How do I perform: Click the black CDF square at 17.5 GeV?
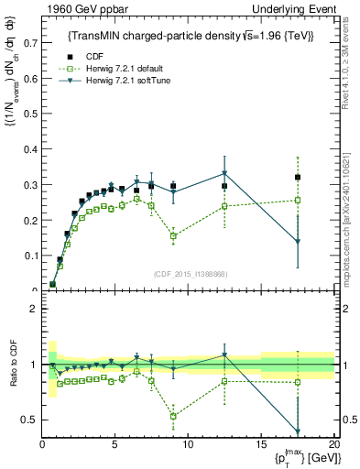point(298,177)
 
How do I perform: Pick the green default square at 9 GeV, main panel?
point(173,235)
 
